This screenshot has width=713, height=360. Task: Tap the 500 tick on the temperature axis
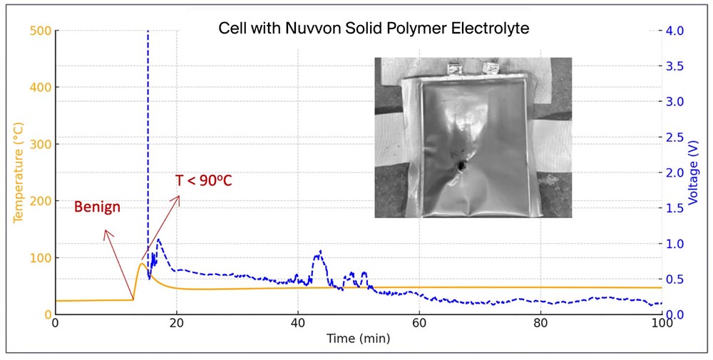coord(41,31)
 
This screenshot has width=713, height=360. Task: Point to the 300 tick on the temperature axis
coord(41,144)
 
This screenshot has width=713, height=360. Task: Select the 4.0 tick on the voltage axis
coord(674,31)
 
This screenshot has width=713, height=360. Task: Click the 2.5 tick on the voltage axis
coord(674,137)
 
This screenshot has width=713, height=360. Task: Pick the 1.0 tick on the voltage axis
coord(674,243)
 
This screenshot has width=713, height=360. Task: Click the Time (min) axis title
coord(358,339)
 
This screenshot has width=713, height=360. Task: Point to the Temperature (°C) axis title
coord(19,173)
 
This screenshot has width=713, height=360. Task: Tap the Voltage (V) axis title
coord(693,173)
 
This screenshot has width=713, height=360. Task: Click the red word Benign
coord(97,207)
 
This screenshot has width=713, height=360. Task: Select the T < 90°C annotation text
coord(204,181)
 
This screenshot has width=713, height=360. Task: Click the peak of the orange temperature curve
coord(142,264)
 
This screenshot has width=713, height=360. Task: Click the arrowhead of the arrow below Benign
coord(106,231)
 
